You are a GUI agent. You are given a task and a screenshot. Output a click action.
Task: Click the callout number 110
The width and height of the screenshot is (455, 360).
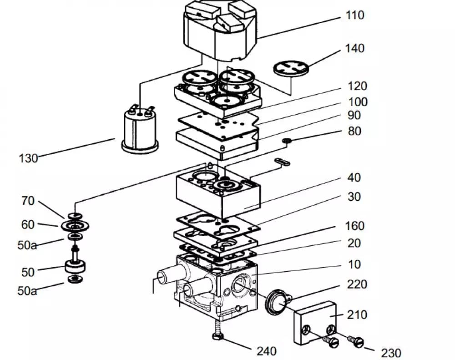(355, 15)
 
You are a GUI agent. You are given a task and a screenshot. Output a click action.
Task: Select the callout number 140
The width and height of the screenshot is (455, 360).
(354, 48)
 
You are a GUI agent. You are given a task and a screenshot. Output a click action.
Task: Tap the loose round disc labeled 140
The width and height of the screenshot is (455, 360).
(291, 68)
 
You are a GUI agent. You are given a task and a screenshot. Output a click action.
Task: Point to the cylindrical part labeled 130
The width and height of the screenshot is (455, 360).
(140, 129)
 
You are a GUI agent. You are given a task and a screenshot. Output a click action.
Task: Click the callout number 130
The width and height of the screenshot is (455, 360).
(28, 158)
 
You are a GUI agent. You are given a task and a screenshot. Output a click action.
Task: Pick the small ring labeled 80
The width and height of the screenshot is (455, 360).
(287, 141)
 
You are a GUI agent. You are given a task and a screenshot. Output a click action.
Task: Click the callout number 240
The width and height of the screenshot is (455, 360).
(266, 351)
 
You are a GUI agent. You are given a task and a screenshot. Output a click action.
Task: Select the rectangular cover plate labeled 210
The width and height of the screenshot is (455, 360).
(315, 323)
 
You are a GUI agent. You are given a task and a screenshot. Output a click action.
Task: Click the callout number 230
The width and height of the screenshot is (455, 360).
(391, 353)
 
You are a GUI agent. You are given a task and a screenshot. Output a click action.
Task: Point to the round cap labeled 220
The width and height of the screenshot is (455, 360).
(278, 302)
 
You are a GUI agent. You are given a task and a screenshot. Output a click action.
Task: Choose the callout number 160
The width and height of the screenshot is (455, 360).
(354, 226)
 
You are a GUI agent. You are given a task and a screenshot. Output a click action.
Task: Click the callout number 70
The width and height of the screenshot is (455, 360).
(28, 201)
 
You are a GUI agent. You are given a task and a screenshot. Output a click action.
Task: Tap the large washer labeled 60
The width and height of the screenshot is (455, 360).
(75, 226)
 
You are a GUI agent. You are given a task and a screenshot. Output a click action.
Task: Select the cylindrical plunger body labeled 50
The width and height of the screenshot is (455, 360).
(75, 267)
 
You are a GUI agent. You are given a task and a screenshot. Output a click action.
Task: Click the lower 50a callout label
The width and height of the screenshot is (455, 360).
(27, 291)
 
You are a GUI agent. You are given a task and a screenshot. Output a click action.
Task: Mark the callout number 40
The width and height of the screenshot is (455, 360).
(354, 177)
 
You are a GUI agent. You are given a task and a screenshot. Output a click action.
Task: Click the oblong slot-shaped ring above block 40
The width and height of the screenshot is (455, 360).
(282, 162)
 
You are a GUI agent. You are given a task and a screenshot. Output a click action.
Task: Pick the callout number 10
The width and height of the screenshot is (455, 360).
(354, 264)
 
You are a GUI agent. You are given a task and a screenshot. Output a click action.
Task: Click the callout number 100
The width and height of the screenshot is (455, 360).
(358, 102)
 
